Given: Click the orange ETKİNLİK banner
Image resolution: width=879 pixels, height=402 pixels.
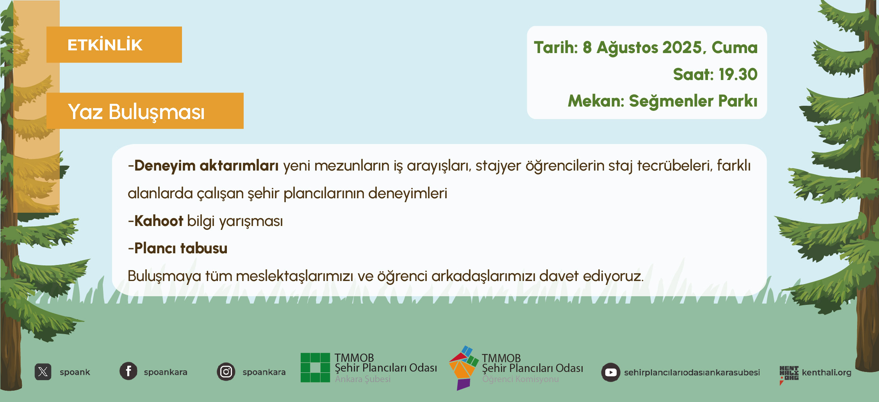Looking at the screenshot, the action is tap(114, 44).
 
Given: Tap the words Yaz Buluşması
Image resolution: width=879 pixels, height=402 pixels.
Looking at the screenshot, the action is tap(136, 112).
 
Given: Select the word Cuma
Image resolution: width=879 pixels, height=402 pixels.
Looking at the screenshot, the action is tap(735, 48).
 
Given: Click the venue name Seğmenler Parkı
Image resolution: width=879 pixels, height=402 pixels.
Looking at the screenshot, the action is tap(693, 101).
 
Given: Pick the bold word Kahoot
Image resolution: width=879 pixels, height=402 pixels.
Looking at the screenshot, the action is tap(159, 221).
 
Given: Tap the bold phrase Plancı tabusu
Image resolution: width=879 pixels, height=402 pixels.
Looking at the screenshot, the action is tap(181, 248).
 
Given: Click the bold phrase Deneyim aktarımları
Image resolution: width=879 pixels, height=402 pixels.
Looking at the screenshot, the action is tap(207, 166).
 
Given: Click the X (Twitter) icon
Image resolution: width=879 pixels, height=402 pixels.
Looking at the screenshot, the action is tap(43, 372).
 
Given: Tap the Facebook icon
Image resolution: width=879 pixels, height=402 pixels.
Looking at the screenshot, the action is tap(128, 371).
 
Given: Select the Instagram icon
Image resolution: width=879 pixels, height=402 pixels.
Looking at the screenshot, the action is tap(226, 372).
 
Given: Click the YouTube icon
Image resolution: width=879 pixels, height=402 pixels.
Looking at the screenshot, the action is tap(611, 372).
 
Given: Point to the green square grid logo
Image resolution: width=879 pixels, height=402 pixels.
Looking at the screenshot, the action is tap(316, 367).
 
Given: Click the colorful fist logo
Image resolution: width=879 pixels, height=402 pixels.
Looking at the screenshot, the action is tap(464, 368).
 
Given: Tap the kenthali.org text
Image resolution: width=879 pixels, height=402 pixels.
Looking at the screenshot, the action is tap(827, 372).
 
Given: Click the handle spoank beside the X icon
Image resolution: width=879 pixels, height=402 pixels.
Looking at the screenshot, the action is tap(75, 372).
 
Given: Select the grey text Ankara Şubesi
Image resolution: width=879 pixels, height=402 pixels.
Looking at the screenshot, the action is tap(363, 379).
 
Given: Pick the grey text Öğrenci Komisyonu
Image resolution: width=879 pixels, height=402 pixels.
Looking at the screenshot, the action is tap(521, 379).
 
